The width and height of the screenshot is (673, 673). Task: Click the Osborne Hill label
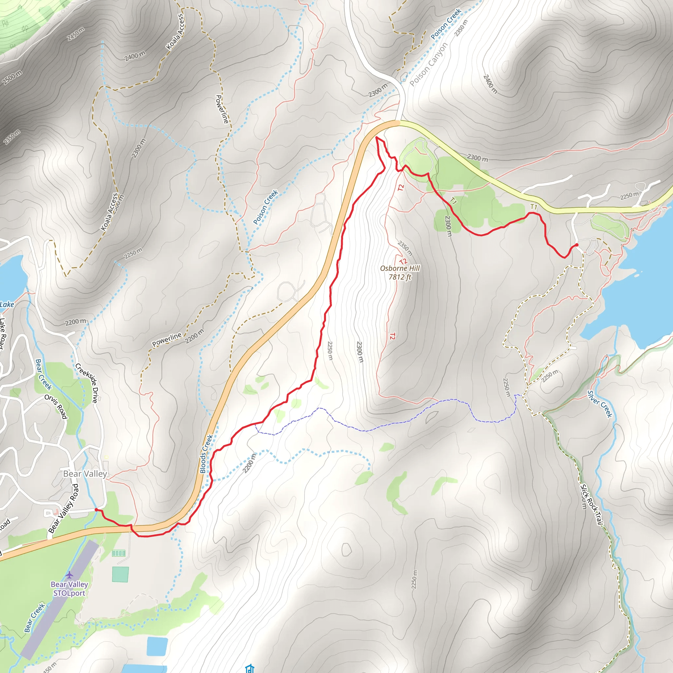click(400, 268)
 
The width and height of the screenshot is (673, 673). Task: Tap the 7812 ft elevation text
click(400, 277)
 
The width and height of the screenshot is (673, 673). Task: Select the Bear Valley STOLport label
click(69, 589)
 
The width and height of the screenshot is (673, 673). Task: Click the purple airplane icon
click(69, 574)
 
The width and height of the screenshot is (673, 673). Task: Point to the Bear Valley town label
click(85, 474)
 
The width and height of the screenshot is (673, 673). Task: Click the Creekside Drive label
click(87, 383)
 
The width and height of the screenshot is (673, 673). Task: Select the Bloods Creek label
click(206, 453)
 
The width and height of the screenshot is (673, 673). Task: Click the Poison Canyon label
click(428, 64)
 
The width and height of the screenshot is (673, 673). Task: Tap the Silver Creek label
click(599, 404)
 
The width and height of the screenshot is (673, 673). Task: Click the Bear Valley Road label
click(63, 509)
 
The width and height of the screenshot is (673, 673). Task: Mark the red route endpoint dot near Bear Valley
click(96, 510)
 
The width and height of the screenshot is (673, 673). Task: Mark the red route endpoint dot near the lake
click(577, 245)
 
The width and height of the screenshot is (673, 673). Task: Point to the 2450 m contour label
click(76, 34)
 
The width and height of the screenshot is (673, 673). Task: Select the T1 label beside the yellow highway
click(534, 207)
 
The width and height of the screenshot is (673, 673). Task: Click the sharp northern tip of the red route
click(377, 138)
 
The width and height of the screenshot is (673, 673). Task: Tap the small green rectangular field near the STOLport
click(120, 575)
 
